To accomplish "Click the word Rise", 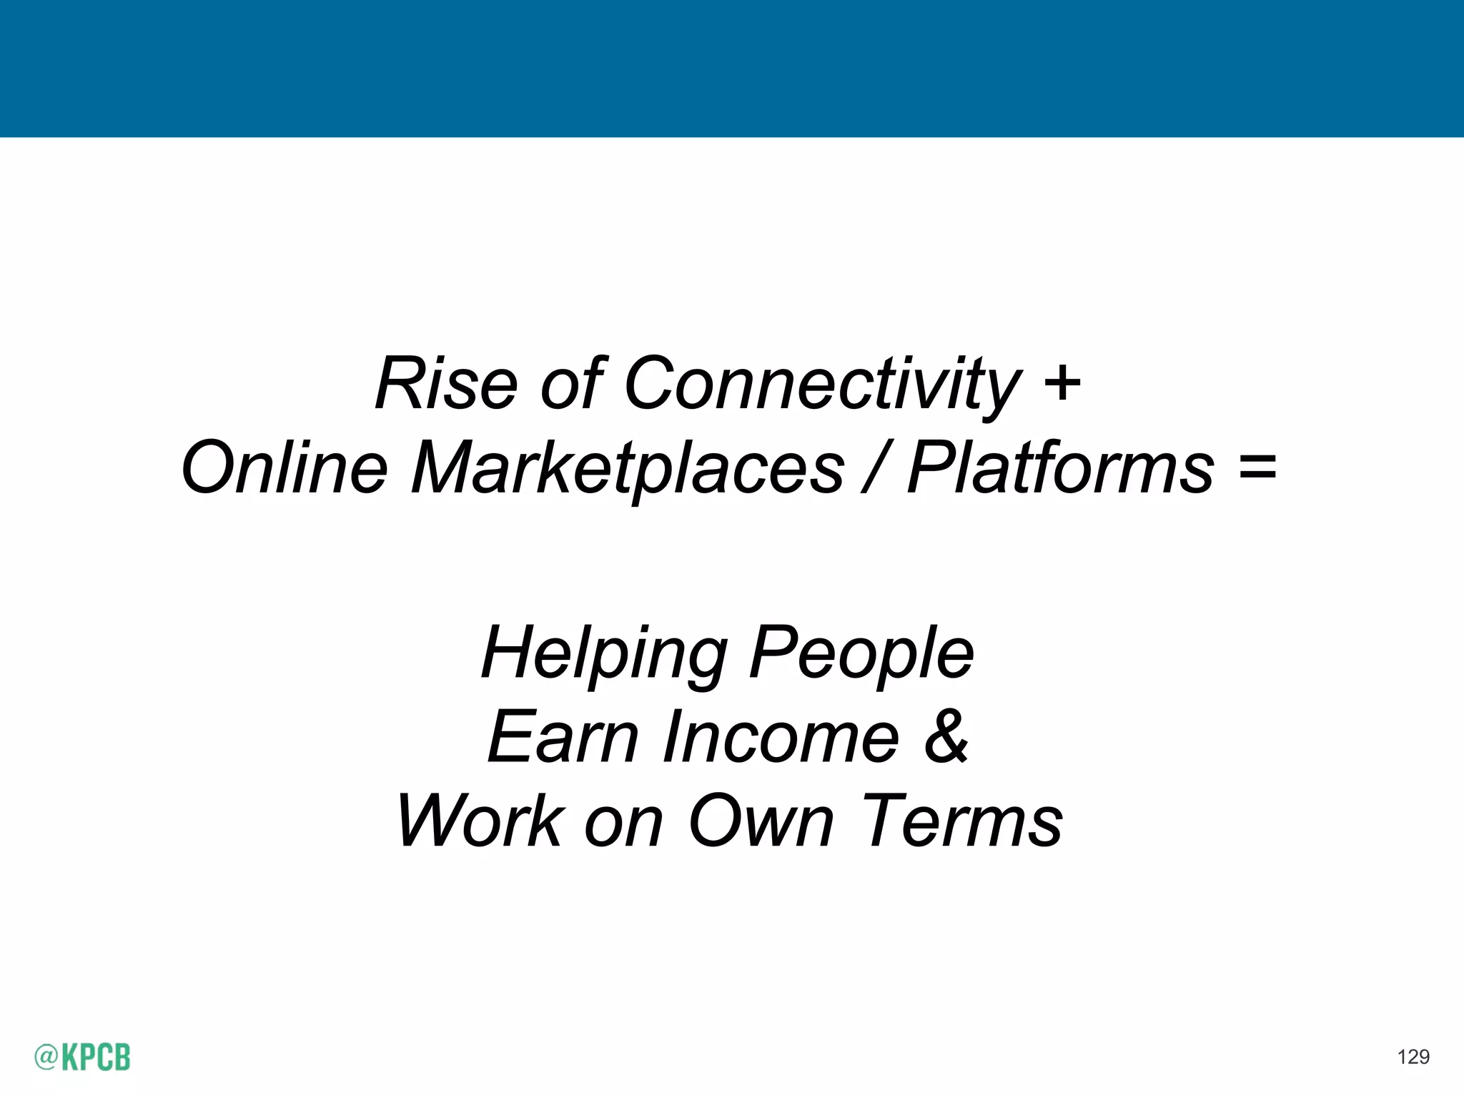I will click(x=445, y=384).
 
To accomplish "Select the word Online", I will click(x=285, y=468).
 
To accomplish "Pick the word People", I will click(x=861, y=654).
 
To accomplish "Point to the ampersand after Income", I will click(x=946, y=737).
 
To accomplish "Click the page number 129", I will click(x=1413, y=1057).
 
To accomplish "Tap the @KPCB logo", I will click(x=82, y=1057).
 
